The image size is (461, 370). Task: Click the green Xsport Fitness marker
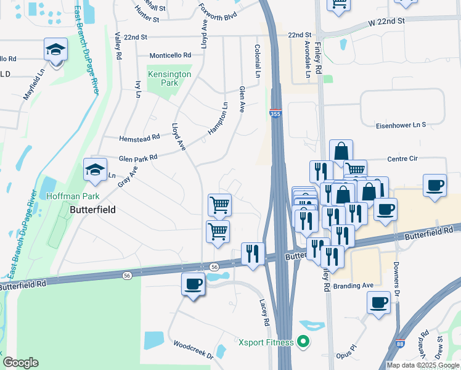pos(303,341)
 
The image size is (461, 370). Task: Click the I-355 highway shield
pos(275,114)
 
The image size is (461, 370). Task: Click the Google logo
pos(20,363)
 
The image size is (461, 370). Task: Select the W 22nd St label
pos(386,22)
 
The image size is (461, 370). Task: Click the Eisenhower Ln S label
pos(401,125)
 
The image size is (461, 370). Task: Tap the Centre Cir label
pos(402,158)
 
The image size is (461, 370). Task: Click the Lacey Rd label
pos(264,314)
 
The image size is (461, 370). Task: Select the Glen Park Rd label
pos(138,157)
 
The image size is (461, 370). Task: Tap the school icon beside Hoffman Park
pos(95,170)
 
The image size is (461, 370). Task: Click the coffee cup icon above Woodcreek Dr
pos(194,285)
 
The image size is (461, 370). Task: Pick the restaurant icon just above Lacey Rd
pos(253,253)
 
